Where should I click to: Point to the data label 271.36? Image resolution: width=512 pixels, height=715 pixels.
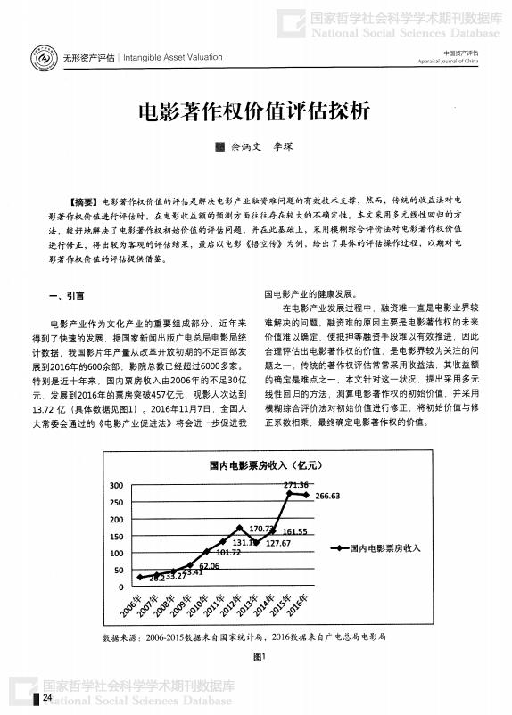coord(295,484)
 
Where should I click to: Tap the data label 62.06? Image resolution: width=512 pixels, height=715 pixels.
coord(209,565)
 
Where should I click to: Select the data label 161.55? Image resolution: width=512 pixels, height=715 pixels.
coord(294,531)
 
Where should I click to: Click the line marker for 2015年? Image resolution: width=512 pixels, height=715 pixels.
coord(289,494)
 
